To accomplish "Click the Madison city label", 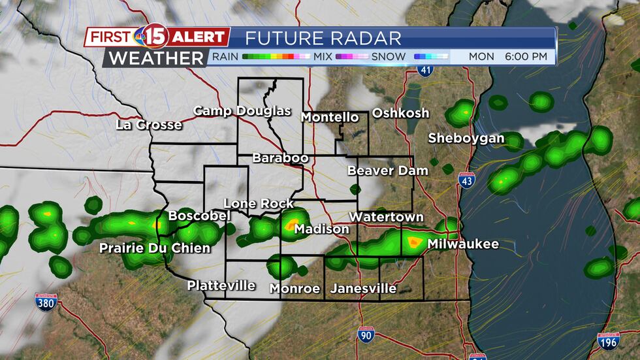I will pos(321,229).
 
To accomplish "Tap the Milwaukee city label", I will pos(463,244).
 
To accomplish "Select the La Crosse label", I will pos(149,125).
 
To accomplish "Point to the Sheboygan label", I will pos(466,138).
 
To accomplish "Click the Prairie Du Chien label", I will pos(155,248).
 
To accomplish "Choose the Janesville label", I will pos(363,288).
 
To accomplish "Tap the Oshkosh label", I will pos(400,113).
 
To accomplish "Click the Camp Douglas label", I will pos(242,110).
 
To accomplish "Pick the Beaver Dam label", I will pos(387,171).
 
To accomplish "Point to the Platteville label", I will pos(221,286).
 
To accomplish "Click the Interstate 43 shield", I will pos(466,181).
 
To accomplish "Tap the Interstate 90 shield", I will pos(366,336).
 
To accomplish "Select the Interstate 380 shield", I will pos(46,301).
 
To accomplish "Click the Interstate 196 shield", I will pos(607,340).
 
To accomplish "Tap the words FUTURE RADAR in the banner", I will pos(323,38).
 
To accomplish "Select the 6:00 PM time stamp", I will pos(525,57).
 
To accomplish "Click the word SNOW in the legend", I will pos(389,57).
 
